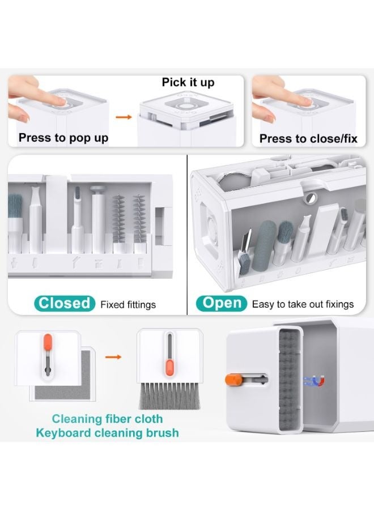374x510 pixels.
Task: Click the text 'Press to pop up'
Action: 63,138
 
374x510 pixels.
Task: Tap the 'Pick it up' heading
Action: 188,83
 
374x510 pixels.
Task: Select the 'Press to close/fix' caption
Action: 308,139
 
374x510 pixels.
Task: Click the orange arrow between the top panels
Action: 121,117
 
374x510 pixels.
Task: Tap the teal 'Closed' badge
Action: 65,303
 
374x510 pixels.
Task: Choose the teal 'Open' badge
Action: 222,303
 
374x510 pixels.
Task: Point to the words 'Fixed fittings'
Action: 127,304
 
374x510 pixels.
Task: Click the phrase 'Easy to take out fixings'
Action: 303,304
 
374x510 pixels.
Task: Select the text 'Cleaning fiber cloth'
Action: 108,419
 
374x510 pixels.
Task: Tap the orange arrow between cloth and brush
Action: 114,358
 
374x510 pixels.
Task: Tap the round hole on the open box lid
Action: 309,199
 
